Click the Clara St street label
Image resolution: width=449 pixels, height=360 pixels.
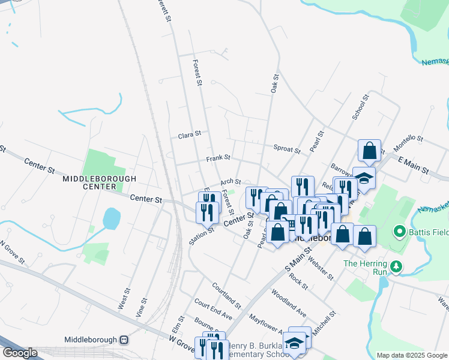pyautogui.click(x=189, y=136)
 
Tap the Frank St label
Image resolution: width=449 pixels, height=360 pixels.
pyautogui.click(x=218, y=158)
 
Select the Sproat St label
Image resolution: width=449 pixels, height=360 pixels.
pyautogui.click(x=286, y=148)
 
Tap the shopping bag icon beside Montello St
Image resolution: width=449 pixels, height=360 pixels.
pyautogui.click(x=370, y=151)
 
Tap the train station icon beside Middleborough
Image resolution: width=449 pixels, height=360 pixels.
pyautogui.click(x=125, y=340)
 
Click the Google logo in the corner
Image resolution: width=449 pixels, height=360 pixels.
pyautogui.click(x=20, y=353)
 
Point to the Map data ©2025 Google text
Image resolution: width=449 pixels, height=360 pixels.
pyautogui.click(x=411, y=355)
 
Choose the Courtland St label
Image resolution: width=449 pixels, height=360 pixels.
pyautogui.click(x=226, y=295)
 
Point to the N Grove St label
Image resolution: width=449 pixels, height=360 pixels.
pyautogui.click(x=11, y=253)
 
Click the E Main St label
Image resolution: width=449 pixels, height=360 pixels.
pyautogui.click(x=414, y=166)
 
